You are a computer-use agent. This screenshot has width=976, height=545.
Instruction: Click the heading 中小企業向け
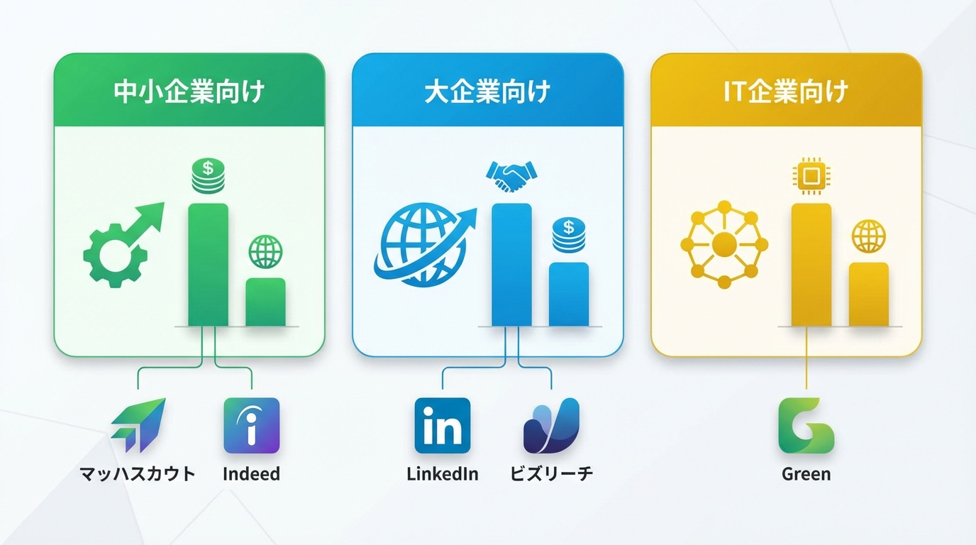(189, 92)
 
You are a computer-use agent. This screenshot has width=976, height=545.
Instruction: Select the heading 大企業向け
(487, 92)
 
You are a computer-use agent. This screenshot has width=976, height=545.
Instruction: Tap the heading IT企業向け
(786, 92)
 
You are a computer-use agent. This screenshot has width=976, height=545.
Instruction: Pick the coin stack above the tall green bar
(208, 176)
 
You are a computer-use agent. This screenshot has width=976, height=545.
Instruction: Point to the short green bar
(265, 302)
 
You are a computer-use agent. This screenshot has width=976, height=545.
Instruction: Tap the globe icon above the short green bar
(265, 252)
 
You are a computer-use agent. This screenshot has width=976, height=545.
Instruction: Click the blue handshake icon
(511, 177)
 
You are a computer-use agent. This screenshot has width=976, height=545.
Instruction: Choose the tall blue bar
(511, 264)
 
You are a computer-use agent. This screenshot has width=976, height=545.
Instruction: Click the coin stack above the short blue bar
(568, 235)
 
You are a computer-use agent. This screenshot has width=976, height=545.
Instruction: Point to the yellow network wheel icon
(724, 245)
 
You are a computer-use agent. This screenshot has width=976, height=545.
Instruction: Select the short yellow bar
(868, 294)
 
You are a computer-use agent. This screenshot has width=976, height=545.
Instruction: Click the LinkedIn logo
(442, 425)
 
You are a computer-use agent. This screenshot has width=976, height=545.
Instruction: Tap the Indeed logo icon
(251, 425)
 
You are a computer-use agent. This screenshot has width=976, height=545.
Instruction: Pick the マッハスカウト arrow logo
(139, 425)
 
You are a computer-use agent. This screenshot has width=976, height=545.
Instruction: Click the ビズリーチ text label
(551, 474)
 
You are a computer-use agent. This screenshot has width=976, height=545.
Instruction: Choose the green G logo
(806, 425)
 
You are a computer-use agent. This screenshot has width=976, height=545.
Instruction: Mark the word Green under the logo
(806, 474)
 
